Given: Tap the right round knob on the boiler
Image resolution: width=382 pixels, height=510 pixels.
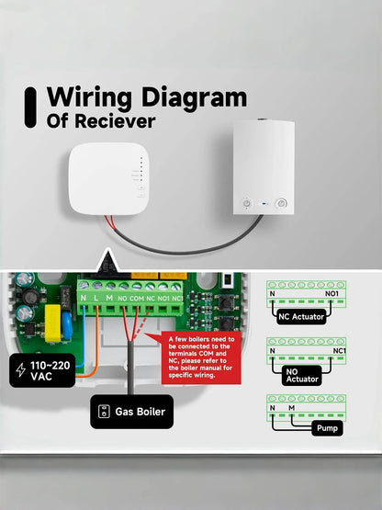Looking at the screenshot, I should coord(281,201).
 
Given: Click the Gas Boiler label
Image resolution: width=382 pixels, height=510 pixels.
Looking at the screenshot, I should coord(132,412).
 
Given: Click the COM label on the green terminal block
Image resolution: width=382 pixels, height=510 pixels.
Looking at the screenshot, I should coord(136,298).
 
